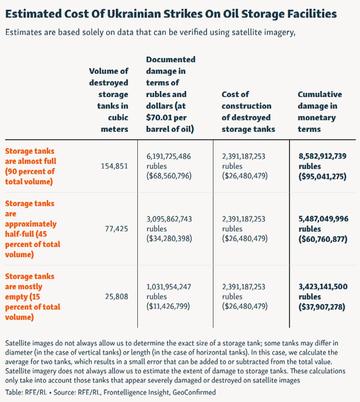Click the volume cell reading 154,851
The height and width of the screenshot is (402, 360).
tap(114, 166)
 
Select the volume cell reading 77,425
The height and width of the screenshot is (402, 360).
tap(117, 229)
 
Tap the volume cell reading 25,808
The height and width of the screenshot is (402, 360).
tap(117, 296)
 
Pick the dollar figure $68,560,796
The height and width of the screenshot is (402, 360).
tap(169, 176)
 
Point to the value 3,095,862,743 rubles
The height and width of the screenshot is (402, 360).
tap(169, 224)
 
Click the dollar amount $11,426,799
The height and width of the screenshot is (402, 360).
tap(168, 306)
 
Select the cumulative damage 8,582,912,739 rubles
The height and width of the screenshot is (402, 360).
tap(323, 161)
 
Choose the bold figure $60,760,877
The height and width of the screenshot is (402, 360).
tap(323, 239)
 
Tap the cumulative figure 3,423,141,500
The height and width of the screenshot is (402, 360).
tap(323, 286)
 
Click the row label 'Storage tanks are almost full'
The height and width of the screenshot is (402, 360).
tap(31, 166)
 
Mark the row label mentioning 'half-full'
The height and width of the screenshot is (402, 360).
tap(32, 229)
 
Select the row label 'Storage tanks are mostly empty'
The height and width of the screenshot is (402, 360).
tap(32, 296)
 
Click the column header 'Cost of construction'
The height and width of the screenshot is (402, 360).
tap(248, 112)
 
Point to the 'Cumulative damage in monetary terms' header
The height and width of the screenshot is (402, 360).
tap(320, 112)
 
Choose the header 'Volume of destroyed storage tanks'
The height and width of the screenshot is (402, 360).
tap(108, 100)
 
